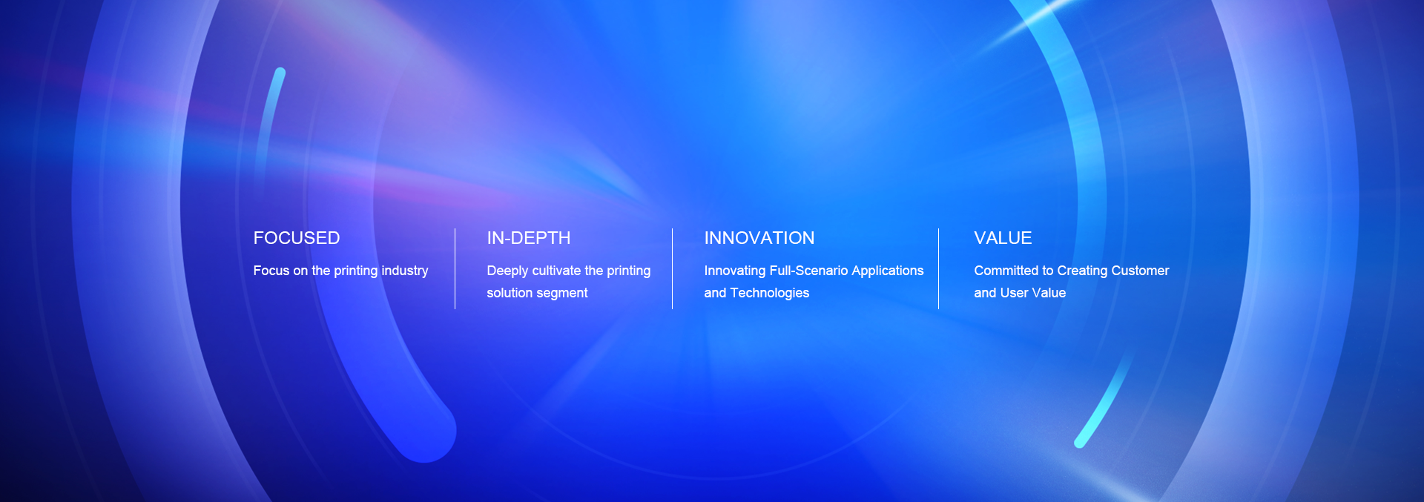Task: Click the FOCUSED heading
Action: tap(297, 238)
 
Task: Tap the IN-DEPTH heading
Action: tap(529, 238)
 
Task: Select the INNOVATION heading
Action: tap(759, 238)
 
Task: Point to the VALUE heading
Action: tap(1003, 238)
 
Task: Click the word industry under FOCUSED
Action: tap(405, 271)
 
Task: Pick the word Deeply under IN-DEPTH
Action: tap(508, 271)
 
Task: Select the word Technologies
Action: tap(770, 293)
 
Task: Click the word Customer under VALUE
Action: tap(1139, 271)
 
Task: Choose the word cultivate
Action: tap(556, 271)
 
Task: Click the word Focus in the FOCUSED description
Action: tap(271, 271)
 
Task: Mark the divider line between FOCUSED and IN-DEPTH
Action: tap(455, 268)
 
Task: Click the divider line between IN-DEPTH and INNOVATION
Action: tap(672, 268)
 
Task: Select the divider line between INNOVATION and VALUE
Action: tap(938, 268)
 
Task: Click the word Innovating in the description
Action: tap(735, 271)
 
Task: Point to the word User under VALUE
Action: tap(1014, 293)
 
